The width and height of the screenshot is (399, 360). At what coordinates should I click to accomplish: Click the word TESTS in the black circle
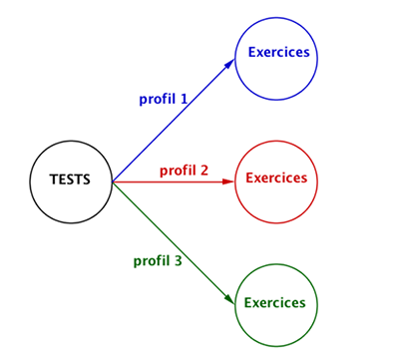(x=70, y=180)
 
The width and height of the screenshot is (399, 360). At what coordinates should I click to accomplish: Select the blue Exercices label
(x=278, y=52)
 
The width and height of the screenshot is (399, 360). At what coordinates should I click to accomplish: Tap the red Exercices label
(x=276, y=178)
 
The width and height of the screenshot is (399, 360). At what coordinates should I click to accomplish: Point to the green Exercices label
(x=274, y=303)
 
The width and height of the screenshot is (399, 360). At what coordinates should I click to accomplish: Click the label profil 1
(x=164, y=100)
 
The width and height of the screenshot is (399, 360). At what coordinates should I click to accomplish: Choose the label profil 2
(x=184, y=171)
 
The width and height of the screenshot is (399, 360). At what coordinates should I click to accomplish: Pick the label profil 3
(x=158, y=261)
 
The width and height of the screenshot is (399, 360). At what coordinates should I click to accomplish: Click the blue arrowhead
(x=229, y=64)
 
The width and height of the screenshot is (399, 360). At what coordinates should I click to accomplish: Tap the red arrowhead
(x=228, y=181)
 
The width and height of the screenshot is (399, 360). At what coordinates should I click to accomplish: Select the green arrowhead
(x=229, y=298)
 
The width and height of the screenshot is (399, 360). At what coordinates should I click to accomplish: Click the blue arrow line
(x=174, y=121)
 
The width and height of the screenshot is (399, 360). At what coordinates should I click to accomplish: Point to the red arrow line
(x=174, y=181)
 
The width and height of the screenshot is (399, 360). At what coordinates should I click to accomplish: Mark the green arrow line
(x=174, y=242)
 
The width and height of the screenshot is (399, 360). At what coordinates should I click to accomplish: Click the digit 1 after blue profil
(x=184, y=99)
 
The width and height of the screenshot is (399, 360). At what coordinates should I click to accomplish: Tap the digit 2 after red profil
(x=204, y=171)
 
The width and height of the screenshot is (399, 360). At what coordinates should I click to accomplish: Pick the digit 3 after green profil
(x=178, y=260)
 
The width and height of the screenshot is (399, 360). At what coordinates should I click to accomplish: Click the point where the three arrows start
(x=113, y=181)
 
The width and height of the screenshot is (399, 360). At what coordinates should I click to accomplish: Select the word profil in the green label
(x=152, y=261)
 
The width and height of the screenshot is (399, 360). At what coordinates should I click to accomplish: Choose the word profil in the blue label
(x=157, y=100)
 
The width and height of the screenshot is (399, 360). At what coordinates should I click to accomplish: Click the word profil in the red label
(x=178, y=171)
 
